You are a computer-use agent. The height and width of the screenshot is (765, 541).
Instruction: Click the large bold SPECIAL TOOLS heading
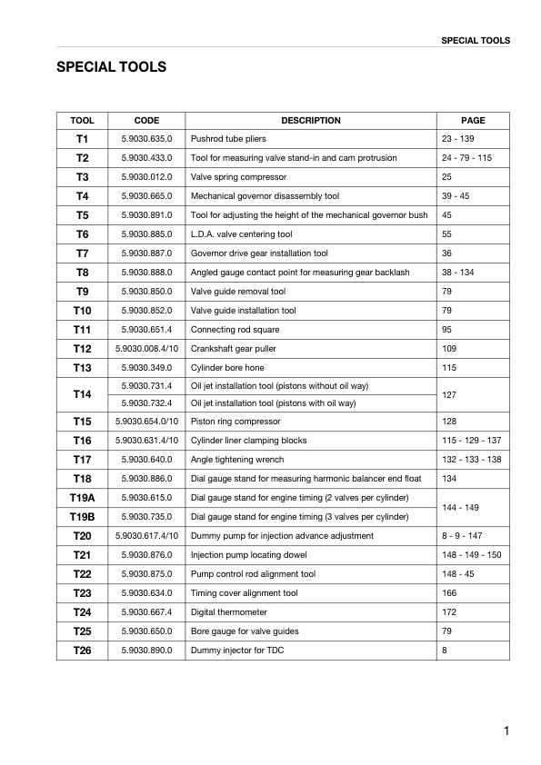[x=111, y=67]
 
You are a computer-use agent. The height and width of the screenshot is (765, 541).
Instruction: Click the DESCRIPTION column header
[x=310, y=120]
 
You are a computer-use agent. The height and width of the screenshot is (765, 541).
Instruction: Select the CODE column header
[x=146, y=120]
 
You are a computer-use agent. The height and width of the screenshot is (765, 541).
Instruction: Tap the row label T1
[x=82, y=139]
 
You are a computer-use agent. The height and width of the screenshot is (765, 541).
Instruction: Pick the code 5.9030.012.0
[x=146, y=176]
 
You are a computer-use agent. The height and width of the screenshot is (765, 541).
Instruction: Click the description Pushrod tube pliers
[x=227, y=139]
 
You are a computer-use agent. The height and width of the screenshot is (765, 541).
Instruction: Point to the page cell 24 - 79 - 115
[x=466, y=158]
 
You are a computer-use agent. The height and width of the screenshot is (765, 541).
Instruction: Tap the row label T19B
[x=82, y=516]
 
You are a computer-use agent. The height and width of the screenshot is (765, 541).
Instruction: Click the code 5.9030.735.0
[x=146, y=516]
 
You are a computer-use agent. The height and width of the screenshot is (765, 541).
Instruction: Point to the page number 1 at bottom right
[x=506, y=730]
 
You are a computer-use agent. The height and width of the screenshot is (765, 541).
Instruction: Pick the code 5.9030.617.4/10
[x=146, y=536]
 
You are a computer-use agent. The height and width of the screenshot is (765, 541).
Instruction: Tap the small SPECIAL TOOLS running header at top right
[x=475, y=40]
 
